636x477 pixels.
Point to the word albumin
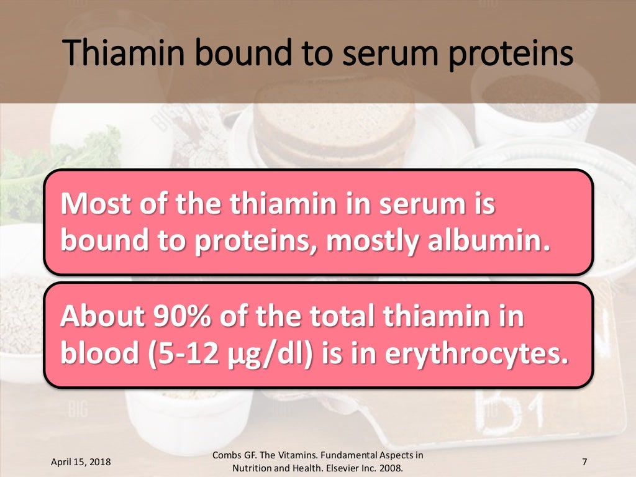(496, 242)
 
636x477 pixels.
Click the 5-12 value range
(202, 355)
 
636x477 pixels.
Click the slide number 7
(584, 462)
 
